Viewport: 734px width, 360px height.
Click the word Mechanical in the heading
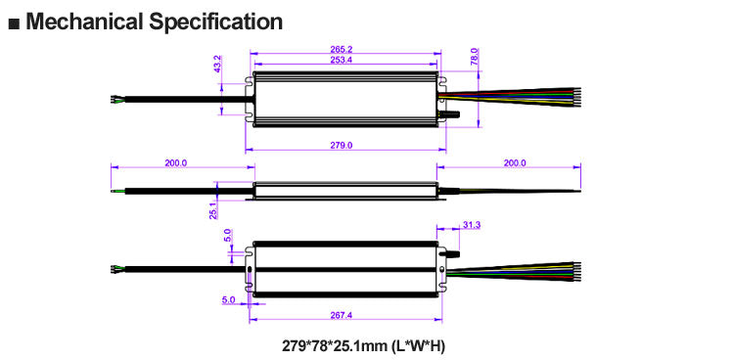[84, 22]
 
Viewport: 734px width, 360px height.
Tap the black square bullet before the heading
[15, 23]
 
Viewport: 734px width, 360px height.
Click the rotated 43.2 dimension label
[217, 65]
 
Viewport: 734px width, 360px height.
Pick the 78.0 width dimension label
[474, 56]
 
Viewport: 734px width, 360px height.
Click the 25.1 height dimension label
[213, 210]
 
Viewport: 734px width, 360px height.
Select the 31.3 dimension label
[472, 225]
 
